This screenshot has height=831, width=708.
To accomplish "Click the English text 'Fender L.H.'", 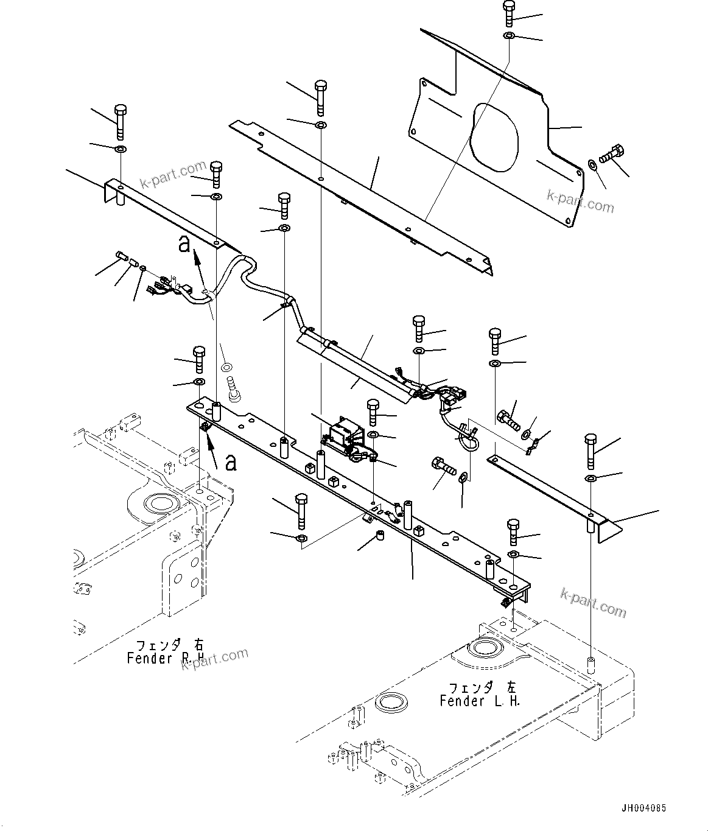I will pos(480,701).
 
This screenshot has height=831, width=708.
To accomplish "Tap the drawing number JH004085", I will pos(643,808).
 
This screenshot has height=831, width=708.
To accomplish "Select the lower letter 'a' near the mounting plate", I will pos(230,463).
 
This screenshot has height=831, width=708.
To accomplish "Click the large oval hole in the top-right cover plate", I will pos(495,137).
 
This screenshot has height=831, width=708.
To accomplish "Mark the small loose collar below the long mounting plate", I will pos(379,536).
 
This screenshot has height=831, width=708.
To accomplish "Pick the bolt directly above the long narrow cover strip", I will pos(321,97).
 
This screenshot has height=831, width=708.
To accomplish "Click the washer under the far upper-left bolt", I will pos(121,149).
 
